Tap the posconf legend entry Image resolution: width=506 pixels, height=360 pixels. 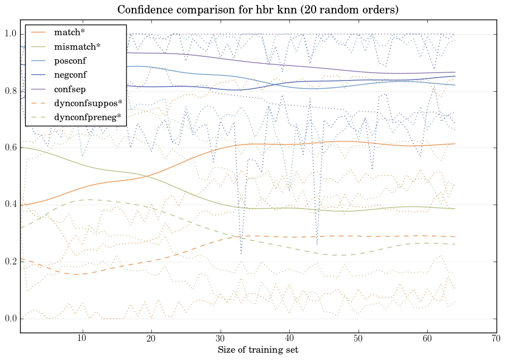pos(70,60)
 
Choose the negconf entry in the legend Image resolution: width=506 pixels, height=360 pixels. pos(70,74)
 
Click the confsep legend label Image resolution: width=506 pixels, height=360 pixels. pos(70,88)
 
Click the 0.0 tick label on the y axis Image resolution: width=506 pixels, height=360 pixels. pos(11,319)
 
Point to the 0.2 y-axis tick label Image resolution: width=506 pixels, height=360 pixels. pos(11,262)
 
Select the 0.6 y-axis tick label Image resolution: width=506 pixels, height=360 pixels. pos(11,148)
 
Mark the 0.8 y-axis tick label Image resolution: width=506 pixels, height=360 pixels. pos(11,91)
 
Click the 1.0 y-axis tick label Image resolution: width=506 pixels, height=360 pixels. pos(11,35)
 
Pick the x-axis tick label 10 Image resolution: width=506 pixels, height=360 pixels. pos(82,338)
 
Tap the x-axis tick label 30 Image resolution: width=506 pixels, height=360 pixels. pos(220,338)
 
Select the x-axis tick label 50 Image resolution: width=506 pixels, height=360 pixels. pos(358,338)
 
